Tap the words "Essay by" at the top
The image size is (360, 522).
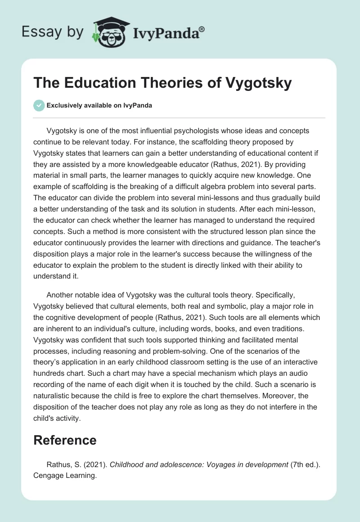(x=52, y=32)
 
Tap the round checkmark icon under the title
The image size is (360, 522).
(x=39, y=105)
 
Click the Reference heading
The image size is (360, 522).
(x=65, y=440)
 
